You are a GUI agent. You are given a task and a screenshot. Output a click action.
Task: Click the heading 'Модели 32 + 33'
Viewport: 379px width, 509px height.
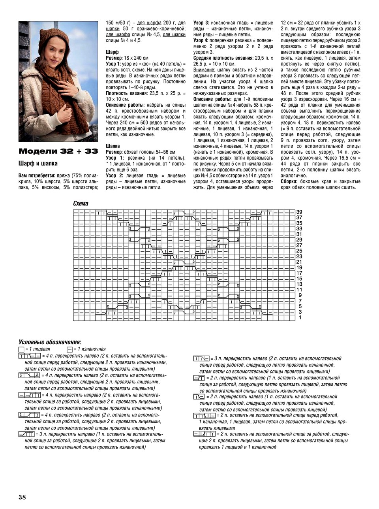tap(58, 152)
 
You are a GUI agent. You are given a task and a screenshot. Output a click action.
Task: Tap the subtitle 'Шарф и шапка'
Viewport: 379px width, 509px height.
tap(38, 163)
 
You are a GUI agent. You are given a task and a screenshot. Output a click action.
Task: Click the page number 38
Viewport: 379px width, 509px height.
tap(21, 497)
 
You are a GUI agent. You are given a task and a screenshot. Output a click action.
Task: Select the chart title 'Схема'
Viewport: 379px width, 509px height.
tap(81, 204)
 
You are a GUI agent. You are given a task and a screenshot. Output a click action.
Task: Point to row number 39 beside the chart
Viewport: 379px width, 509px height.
tap(299, 212)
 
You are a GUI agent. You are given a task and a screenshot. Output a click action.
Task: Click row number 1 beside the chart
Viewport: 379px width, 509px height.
tap(300, 317)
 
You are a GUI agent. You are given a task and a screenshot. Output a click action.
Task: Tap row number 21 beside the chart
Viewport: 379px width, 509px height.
tap(299, 262)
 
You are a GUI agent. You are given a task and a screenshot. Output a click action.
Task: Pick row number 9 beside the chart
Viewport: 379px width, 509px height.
tap(300, 295)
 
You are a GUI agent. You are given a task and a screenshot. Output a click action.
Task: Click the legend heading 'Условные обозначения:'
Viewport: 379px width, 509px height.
tap(50, 342)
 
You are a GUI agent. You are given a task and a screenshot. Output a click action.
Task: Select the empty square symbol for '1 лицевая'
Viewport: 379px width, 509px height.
tap(21, 349)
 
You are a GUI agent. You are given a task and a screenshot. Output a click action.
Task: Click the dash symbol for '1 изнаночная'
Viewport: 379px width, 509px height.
tap(69, 349)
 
